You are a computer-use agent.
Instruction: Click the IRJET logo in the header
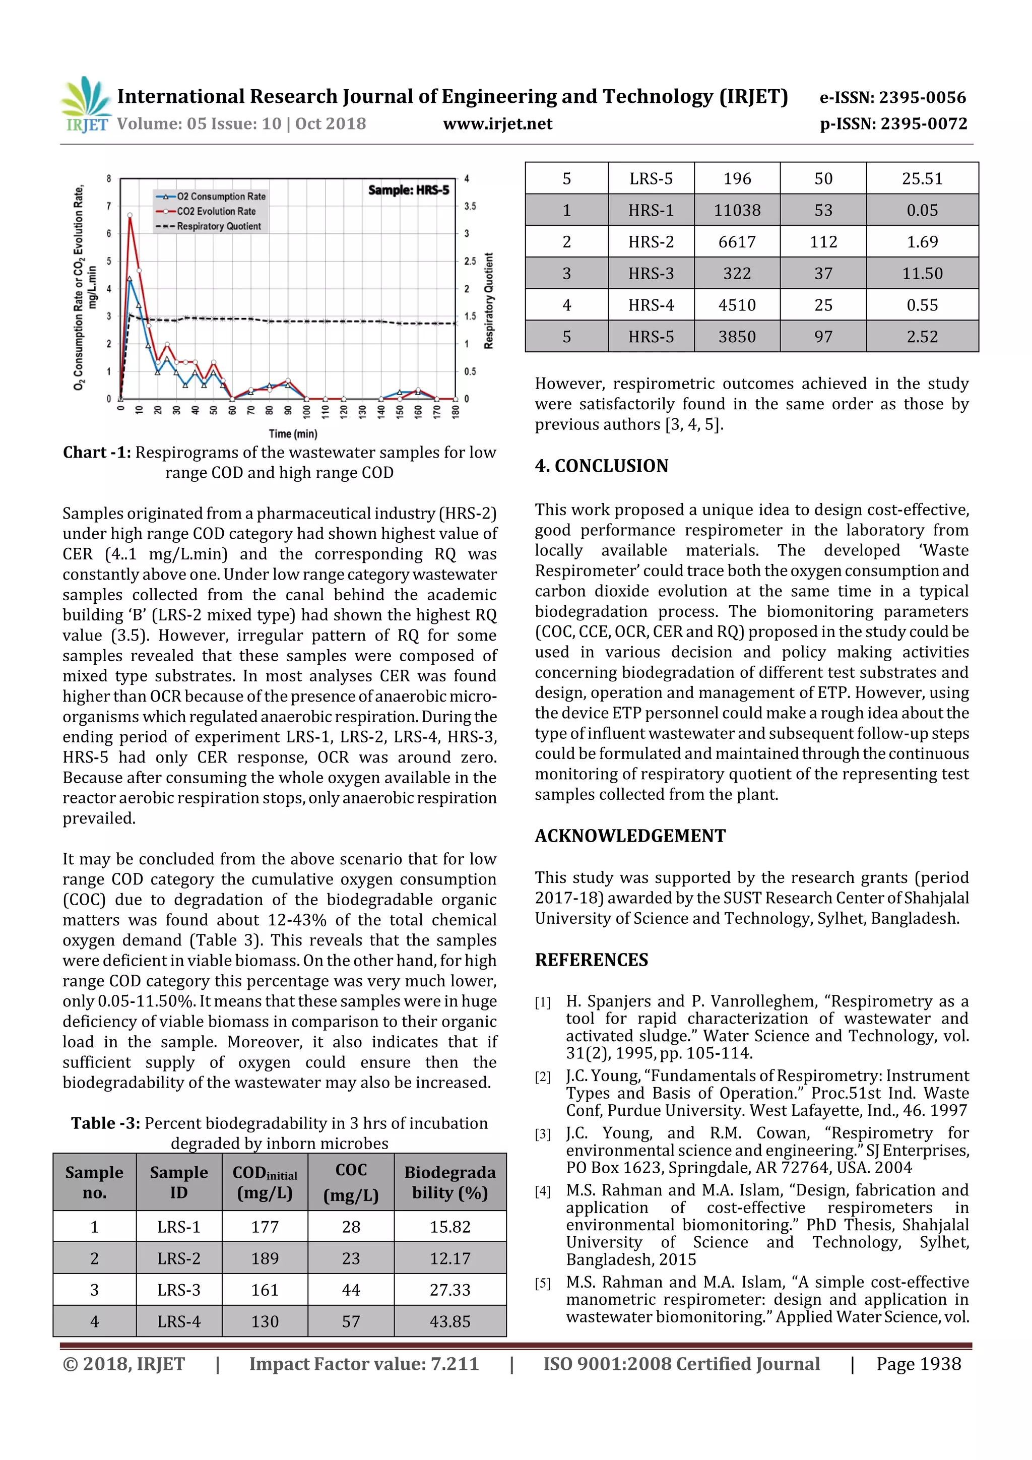[x=86, y=105]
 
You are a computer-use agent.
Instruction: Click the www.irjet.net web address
[x=497, y=123]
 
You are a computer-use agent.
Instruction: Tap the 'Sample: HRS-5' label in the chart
[x=408, y=190]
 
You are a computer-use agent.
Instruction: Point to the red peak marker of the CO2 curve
[x=130, y=216]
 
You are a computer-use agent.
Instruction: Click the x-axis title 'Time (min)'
[x=292, y=434]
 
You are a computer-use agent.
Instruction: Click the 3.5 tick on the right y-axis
[x=470, y=206]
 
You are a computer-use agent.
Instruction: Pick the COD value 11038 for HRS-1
[x=736, y=210]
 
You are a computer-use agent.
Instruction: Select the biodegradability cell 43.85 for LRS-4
[x=449, y=1321]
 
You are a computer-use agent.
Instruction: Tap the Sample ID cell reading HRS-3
[x=651, y=274]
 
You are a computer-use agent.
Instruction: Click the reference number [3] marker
[x=542, y=1134]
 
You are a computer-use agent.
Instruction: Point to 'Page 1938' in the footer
[x=918, y=1364]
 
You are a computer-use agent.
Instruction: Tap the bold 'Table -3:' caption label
[x=105, y=1124]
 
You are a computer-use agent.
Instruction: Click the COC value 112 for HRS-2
[x=823, y=241]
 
